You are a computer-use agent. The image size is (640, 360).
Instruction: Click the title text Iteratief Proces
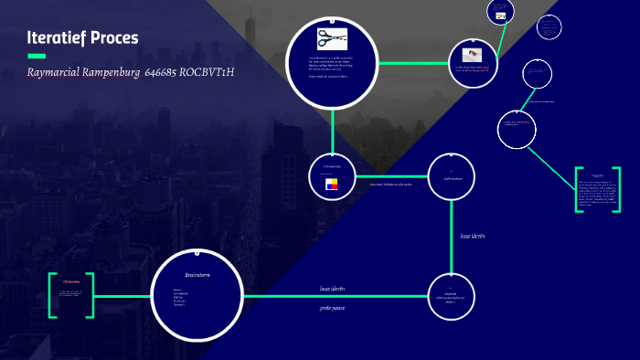(82, 37)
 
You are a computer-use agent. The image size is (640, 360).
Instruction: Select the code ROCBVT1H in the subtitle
(207, 71)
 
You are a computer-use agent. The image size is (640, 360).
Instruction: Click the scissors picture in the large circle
(331, 38)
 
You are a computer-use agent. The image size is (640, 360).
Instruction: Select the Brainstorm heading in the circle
(197, 274)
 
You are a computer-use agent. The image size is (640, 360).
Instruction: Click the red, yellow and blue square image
(331, 185)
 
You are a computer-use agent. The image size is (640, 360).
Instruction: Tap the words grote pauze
(332, 308)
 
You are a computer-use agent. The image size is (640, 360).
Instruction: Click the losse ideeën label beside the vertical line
(472, 236)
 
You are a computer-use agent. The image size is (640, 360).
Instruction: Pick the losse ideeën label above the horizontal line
(332, 289)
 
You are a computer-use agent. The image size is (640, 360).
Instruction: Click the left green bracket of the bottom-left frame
(52, 295)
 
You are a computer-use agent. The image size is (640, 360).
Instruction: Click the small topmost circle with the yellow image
(501, 13)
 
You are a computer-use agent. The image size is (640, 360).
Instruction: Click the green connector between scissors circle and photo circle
(412, 63)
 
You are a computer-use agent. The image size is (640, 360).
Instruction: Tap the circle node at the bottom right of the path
(452, 296)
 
